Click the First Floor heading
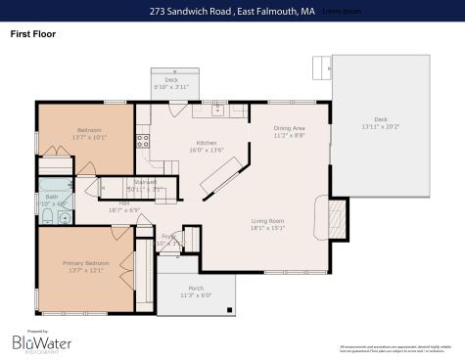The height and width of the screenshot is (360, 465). (x=33, y=34)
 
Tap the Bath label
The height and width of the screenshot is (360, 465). (x=52, y=197)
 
